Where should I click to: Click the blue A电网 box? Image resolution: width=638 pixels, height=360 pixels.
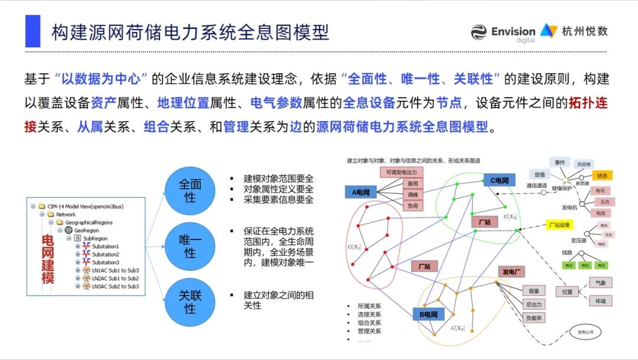[x=360, y=192]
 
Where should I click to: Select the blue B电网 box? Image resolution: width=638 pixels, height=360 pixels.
[x=428, y=314]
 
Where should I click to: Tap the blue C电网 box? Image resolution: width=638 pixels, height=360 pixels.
[x=499, y=180]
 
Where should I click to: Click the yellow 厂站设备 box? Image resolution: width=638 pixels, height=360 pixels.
[x=558, y=225]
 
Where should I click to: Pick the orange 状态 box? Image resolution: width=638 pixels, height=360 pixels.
[x=601, y=176]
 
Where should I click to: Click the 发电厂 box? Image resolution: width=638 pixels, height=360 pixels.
[x=511, y=272]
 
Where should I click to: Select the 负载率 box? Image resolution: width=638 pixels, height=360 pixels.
[x=534, y=317]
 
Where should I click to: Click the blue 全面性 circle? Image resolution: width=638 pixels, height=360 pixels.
[x=190, y=191]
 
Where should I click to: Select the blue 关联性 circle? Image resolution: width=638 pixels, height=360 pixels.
[x=190, y=301]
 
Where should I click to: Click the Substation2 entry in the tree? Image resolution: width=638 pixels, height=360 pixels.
[x=105, y=254]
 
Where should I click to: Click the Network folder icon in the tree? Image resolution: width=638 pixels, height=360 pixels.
[x=52, y=215]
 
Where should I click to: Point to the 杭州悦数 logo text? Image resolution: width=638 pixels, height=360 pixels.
[x=585, y=31]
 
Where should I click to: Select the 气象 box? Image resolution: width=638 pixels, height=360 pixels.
[x=601, y=283]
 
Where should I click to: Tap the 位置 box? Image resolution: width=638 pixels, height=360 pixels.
[x=567, y=291]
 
